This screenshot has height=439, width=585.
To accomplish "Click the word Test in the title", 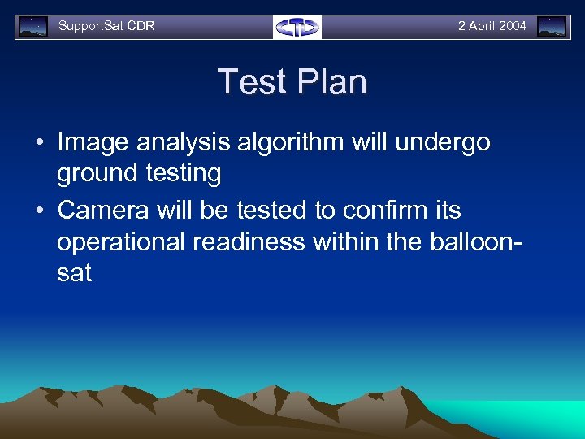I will (249, 82).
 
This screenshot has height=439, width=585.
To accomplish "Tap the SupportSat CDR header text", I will (106, 26).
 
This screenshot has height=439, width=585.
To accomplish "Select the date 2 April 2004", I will (492, 26).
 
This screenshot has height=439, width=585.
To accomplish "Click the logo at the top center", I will (297, 27).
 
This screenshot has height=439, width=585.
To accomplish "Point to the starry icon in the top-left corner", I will (33, 27).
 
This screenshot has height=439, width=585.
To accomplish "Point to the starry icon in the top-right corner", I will (552, 27).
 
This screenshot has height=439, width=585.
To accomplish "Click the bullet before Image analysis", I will (39, 143).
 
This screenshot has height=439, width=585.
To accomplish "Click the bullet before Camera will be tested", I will (39, 211).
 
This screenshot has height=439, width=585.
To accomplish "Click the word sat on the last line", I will (74, 273).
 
